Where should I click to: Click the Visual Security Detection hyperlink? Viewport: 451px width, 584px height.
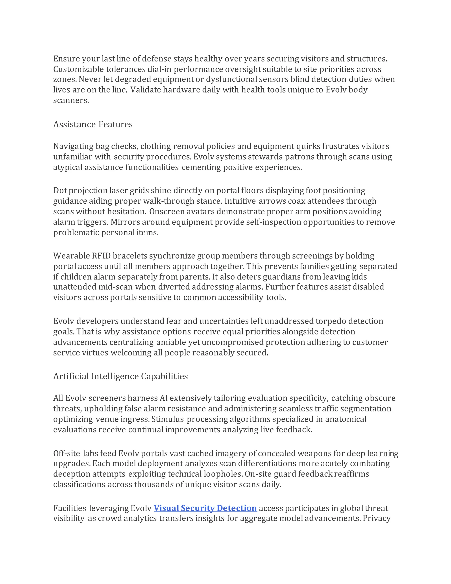click(x=205, y=508)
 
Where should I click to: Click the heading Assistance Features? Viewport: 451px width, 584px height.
click(x=93, y=124)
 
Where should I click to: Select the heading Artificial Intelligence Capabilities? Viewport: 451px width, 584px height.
click(x=120, y=376)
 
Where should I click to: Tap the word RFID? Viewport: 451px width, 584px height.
click(x=101, y=256)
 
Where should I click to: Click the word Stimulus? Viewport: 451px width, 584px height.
click(x=168, y=419)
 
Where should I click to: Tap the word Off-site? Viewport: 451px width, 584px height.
click(x=67, y=453)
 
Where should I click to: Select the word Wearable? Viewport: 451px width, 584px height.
click(x=71, y=256)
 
